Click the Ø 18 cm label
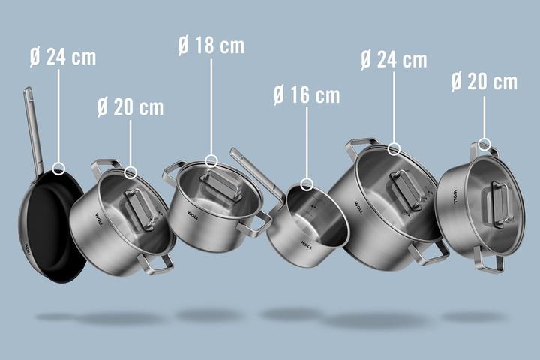pos(211,45)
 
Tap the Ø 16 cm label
pos(306,95)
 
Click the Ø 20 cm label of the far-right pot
pos(484,82)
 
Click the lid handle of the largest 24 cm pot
pos(406,190)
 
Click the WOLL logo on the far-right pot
pos(454,197)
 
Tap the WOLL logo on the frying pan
pos(28,249)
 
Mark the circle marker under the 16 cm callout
pos(306,184)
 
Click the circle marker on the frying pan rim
pos(59,169)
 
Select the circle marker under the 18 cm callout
pos(211,160)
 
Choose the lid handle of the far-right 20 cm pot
pos(497,204)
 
